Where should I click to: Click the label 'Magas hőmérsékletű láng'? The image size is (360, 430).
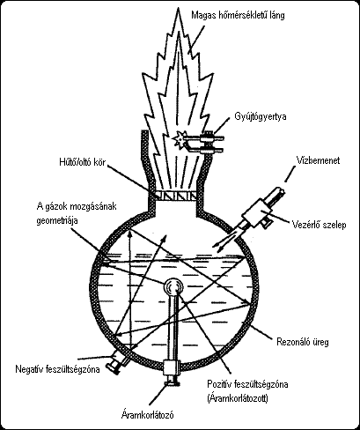238,15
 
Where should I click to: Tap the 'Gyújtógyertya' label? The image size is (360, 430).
261,117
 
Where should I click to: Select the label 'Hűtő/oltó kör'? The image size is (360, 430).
82,162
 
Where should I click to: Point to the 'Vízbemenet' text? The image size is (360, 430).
318,160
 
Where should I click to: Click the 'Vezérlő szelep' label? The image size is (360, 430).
320,225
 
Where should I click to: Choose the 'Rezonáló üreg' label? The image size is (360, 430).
303,342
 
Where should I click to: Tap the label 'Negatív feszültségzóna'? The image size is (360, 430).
57,369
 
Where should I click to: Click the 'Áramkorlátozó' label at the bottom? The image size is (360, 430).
148,415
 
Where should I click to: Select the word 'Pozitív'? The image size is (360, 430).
219,384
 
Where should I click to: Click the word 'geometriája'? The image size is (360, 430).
57,220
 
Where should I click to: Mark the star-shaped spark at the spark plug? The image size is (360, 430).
179,138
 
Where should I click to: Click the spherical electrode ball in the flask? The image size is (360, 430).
173,286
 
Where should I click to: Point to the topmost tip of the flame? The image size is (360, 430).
178,7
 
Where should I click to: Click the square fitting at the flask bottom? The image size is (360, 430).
173,368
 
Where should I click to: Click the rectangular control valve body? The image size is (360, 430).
255,212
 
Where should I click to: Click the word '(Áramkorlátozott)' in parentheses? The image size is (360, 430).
238,399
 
